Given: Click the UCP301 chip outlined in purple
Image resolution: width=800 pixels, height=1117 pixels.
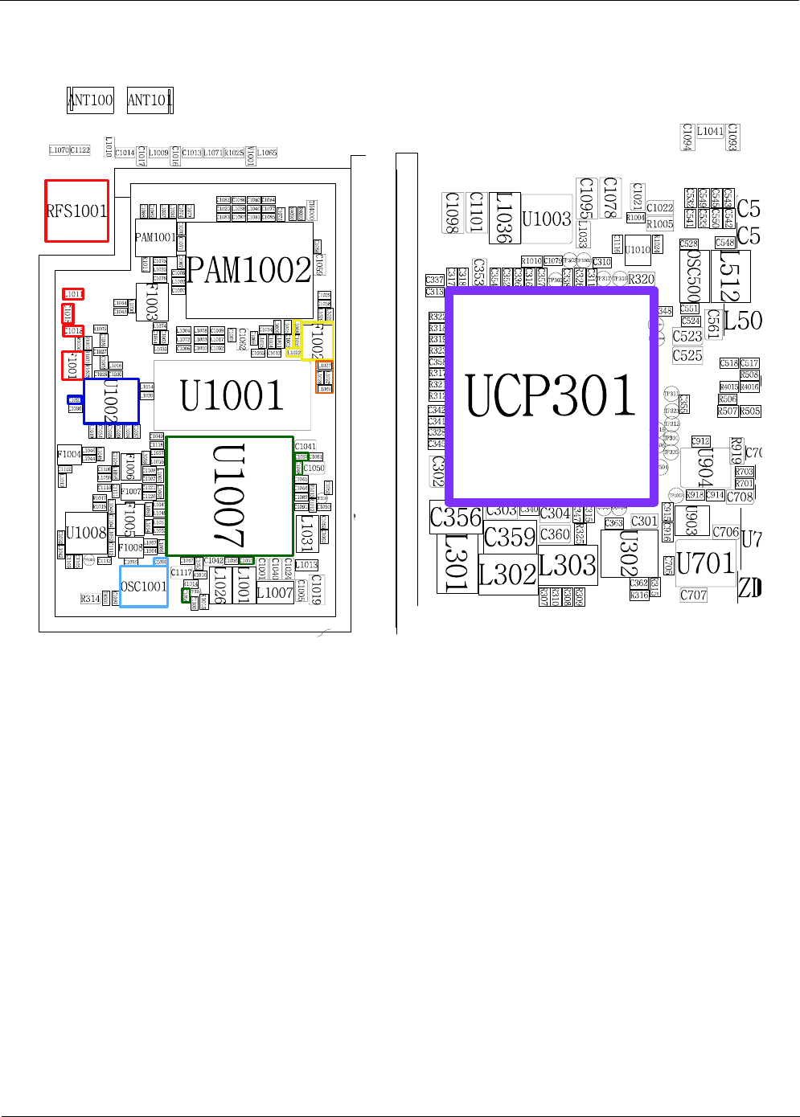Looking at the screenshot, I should pyautogui.click(x=552, y=395).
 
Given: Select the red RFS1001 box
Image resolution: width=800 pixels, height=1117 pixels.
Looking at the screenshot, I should pyautogui.click(x=76, y=211).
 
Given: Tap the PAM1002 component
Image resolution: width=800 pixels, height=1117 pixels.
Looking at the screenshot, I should pyautogui.click(x=249, y=270).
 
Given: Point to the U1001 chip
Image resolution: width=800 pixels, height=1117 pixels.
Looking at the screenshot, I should pyautogui.click(x=232, y=395).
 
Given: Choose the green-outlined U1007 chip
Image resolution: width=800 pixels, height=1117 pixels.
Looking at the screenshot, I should pyautogui.click(x=229, y=496).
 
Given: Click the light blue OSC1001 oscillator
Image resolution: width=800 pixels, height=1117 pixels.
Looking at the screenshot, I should pyautogui.click(x=143, y=587).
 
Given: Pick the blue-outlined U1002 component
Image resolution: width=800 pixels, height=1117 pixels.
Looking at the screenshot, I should pyautogui.click(x=111, y=401).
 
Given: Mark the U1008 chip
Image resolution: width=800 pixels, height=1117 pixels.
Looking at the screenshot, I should pyautogui.click(x=85, y=533).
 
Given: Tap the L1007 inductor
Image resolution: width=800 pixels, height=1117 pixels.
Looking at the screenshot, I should pyautogui.click(x=274, y=593).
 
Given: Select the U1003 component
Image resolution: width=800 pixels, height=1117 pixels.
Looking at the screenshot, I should pyautogui.click(x=546, y=219).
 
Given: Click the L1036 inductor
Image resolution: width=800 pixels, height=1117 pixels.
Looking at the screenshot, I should pyautogui.click(x=504, y=217).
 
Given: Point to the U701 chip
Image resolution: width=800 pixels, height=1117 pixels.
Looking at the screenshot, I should pyautogui.click(x=705, y=563).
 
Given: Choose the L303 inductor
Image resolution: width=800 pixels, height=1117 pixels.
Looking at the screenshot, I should pyautogui.click(x=568, y=566).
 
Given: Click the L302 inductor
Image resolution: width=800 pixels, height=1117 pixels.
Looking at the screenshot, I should pyautogui.click(x=507, y=575).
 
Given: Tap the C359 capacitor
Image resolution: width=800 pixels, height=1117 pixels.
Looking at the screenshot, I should pyautogui.click(x=510, y=537).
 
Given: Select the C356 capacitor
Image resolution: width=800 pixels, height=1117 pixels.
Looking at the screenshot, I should pyautogui.click(x=456, y=518).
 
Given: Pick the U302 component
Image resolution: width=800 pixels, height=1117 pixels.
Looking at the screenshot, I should pyautogui.click(x=629, y=554).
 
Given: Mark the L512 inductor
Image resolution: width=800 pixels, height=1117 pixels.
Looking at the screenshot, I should pyautogui.click(x=730, y=276).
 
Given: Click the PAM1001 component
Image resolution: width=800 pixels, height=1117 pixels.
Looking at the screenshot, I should pyautogui.click(x=154, y=237).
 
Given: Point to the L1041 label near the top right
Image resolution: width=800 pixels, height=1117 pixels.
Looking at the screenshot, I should pyautogui.click(x=710, y=131).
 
